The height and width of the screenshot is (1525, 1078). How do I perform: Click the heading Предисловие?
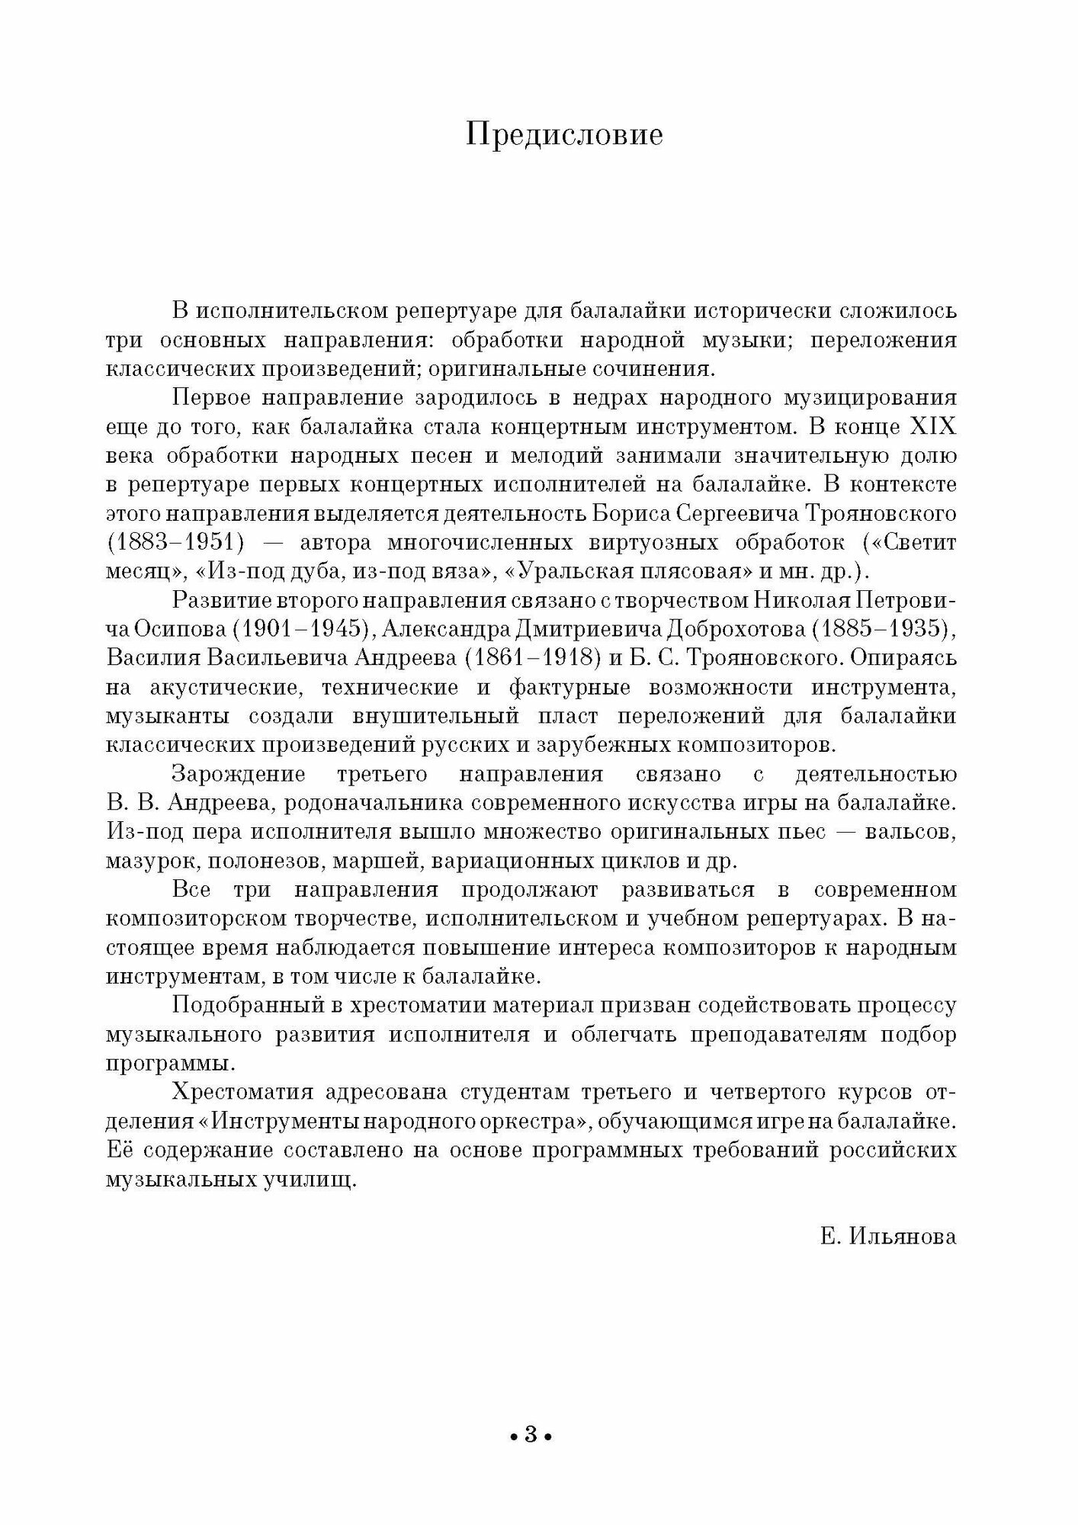coord(564,136)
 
